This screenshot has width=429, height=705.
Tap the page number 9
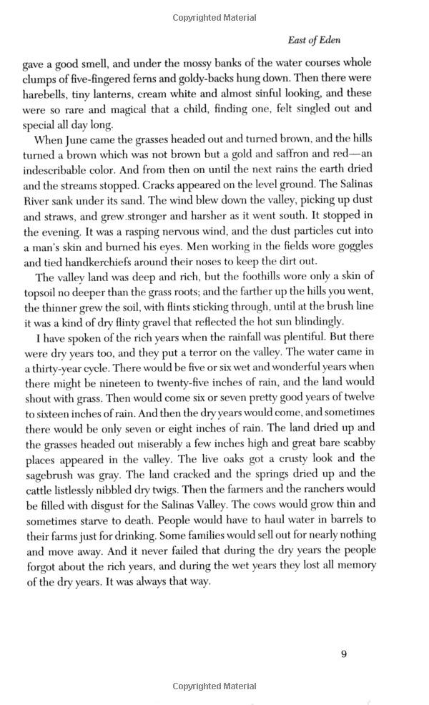(344, 652)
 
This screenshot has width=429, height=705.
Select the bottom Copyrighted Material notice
(214, 686)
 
